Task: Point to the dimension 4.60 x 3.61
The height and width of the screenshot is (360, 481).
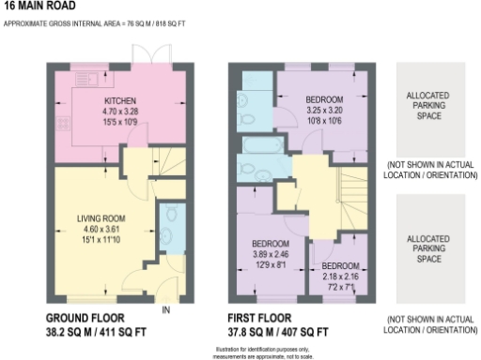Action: pyautogui.click(x=101, y=229)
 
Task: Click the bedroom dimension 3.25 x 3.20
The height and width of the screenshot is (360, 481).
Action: pyautogui.click(x=323, y=110)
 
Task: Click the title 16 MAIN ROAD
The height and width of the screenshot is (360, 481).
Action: pyautogui.click(x=36, y=6)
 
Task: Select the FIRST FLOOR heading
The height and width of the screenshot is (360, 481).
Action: pyautogui.click(x=262, y=318)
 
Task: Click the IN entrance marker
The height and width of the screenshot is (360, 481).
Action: pyautogui.click(x=165, y=309)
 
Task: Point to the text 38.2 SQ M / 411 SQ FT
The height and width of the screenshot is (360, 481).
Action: pyautogui.click(x=95, y=332)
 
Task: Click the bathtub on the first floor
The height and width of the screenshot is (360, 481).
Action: pyautogui.click(x=257, y=145)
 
